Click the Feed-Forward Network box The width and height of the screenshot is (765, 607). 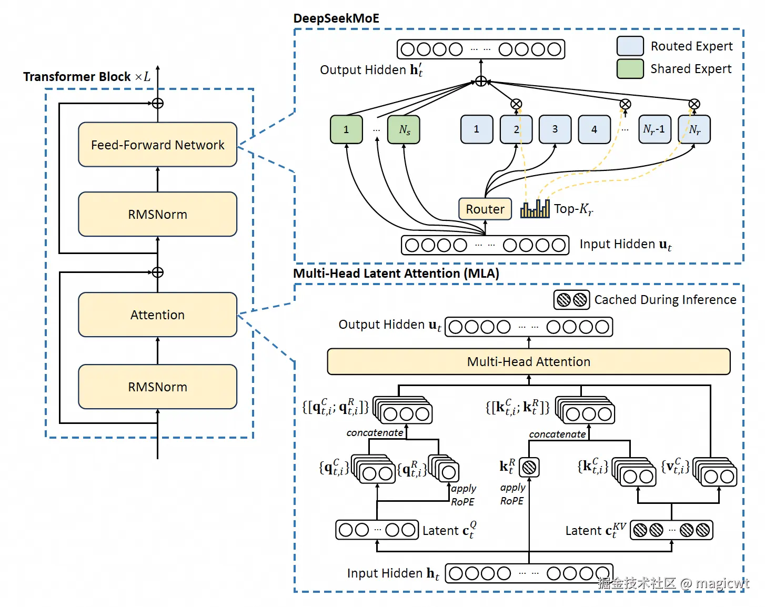(157, 145)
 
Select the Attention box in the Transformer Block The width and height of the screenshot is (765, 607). (157, 315)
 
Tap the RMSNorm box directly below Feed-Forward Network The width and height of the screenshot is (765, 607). (157, 214)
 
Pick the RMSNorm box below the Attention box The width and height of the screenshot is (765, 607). (157, 387)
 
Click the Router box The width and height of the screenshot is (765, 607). (485, 209)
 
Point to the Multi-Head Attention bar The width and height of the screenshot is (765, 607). (528, 361)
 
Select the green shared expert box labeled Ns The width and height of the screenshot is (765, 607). (404, 129)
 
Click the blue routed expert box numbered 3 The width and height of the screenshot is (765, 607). (555, 129)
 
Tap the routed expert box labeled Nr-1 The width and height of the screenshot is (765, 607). (654, 129)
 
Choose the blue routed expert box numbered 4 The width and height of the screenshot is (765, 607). (594, 129)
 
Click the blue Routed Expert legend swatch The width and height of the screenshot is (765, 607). (630, 46)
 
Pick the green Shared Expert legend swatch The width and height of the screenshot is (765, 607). (630, 68)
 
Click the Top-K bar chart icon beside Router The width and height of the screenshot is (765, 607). (535, 209)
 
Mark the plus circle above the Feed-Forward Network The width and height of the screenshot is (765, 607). (157, 103)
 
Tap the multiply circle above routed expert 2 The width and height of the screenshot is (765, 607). (516, 104)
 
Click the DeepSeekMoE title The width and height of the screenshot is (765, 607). (336, 18)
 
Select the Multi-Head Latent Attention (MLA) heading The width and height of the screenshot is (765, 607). (396, 274)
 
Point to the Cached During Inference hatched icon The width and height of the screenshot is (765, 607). (571, 300)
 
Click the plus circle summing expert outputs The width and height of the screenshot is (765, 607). (480, 81)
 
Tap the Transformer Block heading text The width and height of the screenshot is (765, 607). (77, 77)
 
